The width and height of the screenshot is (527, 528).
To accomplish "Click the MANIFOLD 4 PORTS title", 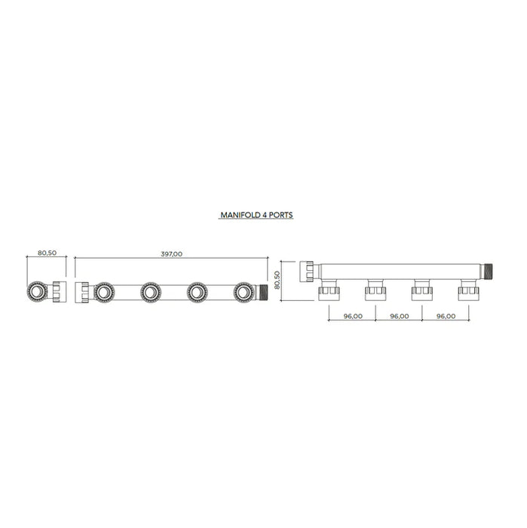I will pos(256,215).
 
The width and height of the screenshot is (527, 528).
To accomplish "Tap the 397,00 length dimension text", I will pos(172,254).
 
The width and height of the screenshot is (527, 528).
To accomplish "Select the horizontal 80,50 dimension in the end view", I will pos(47,253).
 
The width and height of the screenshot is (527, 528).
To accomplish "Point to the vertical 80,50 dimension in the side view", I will pos(277,281).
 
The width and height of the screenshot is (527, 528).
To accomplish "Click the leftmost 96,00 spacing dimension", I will pos(352,316).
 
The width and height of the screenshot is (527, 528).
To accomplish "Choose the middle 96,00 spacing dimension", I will pos(399,316).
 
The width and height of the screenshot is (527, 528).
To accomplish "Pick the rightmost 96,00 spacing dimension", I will pos(446,316).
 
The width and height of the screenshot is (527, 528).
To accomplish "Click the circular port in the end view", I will pos(38,292).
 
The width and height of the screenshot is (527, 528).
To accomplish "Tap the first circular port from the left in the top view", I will pos(103,292).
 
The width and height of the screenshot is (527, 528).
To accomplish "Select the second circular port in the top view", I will pos(150,292).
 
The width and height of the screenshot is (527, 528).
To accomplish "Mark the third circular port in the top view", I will pos(197,292).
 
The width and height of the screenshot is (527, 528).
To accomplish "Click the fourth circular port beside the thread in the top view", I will pos(244,292).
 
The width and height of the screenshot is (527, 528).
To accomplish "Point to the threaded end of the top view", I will pos(262,292).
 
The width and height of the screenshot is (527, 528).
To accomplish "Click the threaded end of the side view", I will pos(489,269).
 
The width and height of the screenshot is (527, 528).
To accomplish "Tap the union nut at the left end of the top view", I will pos(82,292).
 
